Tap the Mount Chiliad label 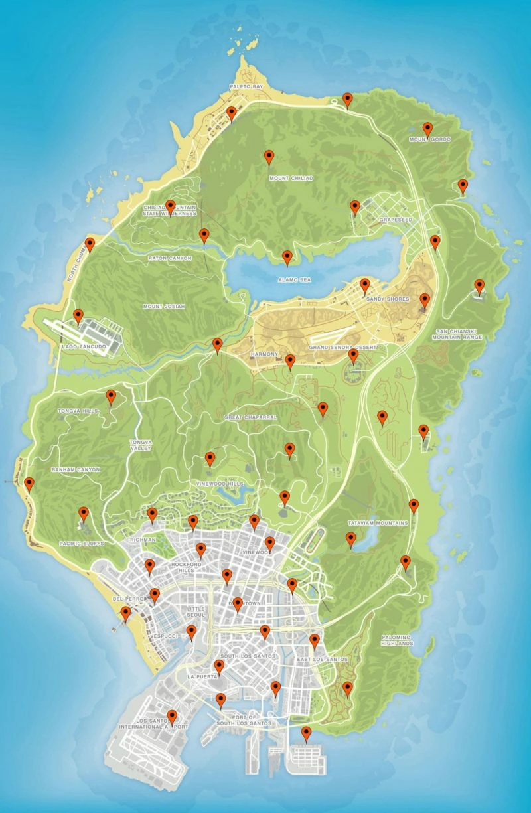(291, 178)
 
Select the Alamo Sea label (295, 280)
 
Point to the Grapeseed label (396, 219)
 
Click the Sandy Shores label (384, 299)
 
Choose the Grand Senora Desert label (342, 347)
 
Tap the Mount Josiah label (164, 306)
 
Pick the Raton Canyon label (169, 258)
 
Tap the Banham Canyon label (76, 469)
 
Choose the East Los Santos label (323, 658)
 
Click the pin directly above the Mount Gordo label (427, 129)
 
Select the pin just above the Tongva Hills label (112, 398)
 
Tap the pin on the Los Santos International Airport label (172, 717)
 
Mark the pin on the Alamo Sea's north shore (287, 258)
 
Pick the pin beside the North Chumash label (90, 246)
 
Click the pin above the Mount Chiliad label (269, 157)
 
